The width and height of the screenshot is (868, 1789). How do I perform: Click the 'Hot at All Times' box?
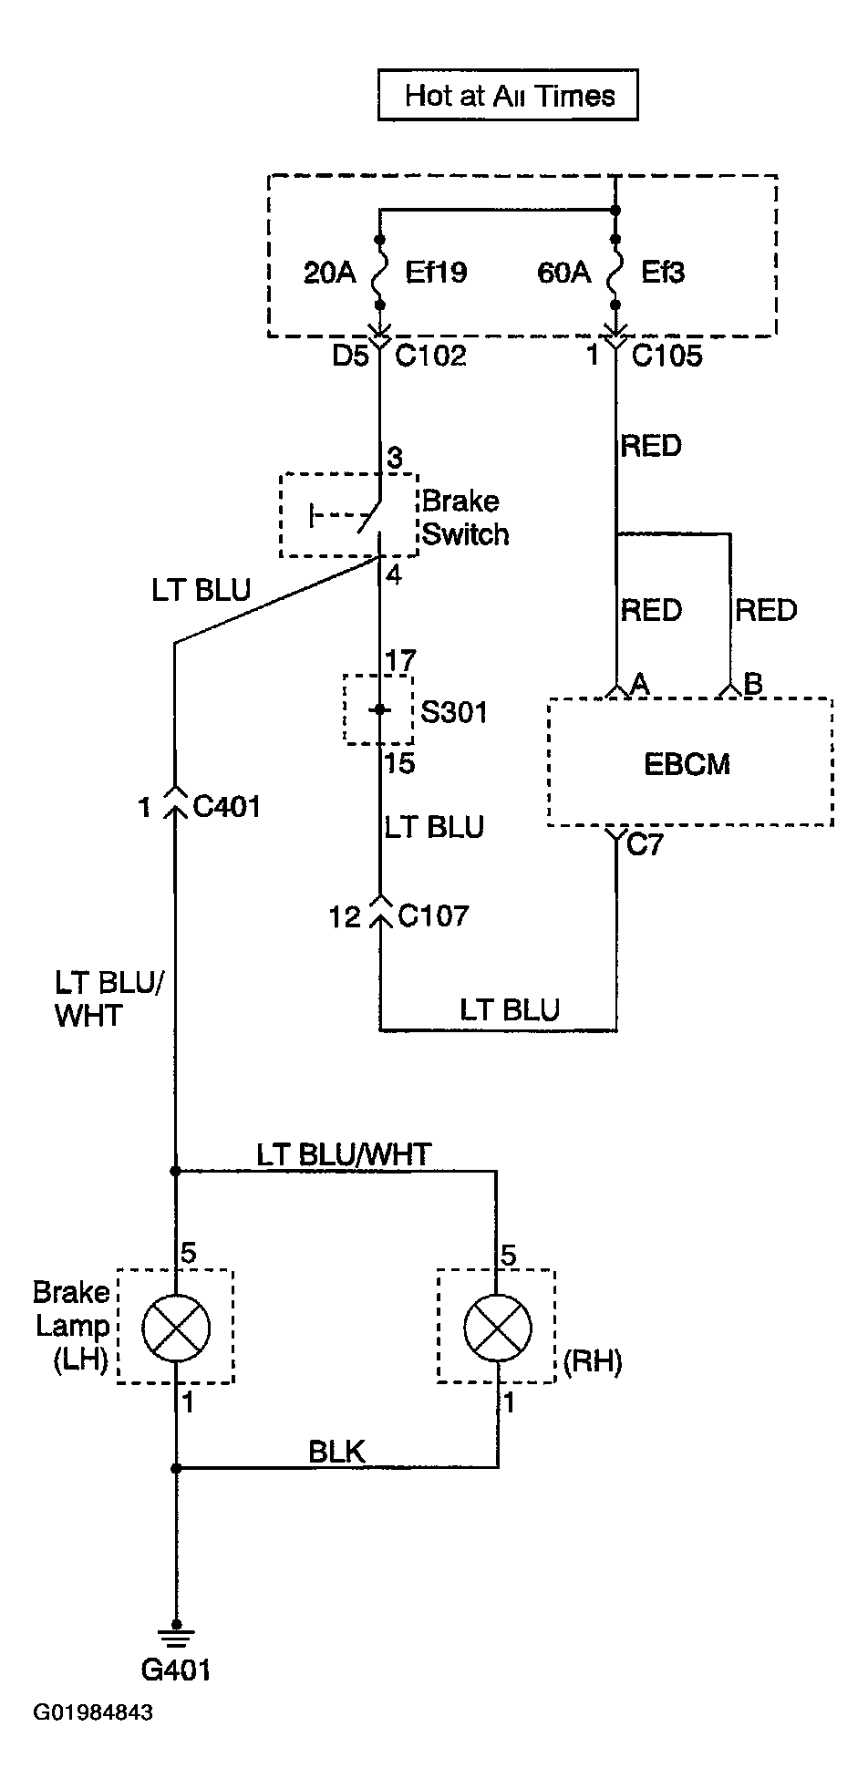(508, 96)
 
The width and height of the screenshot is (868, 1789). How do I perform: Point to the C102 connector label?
(430, 355)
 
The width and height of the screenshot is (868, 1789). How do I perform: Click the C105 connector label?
(666, 355)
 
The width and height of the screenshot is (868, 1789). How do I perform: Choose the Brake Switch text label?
(465, 517)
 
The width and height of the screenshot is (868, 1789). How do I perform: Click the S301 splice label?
(454, 711)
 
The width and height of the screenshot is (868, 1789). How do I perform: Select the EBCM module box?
(690, 762)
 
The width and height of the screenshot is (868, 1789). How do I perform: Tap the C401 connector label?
(227, 806)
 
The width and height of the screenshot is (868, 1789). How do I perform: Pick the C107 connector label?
(434, 915)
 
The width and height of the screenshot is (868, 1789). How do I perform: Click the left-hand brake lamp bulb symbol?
(176, 1327)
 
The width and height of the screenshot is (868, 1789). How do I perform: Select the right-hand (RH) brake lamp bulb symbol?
(498, 1327)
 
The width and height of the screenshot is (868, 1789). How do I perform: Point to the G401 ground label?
(176, 1669)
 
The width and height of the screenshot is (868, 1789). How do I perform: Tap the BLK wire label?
(337, 1451)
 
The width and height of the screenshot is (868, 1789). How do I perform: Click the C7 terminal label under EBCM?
(646, 845)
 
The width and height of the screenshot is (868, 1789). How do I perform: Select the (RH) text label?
(593, 1361)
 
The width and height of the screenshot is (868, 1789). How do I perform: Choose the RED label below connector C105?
(651, 446)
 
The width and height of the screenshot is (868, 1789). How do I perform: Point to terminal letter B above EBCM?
(753, 684)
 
